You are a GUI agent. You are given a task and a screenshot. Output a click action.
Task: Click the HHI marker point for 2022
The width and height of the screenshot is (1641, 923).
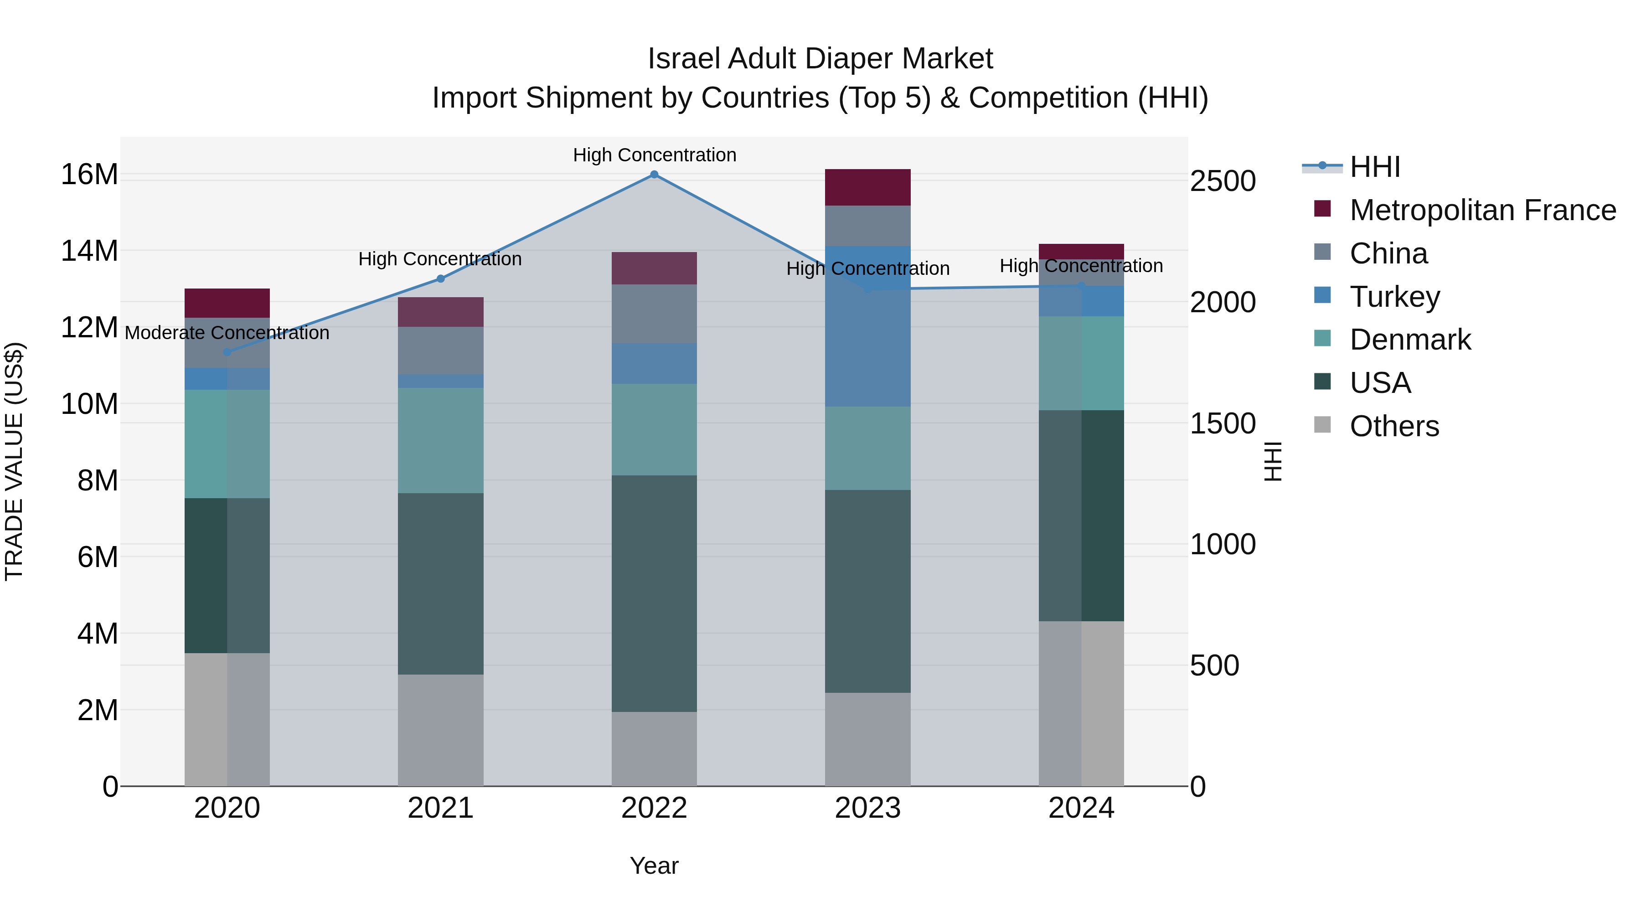click(x=654, y=175)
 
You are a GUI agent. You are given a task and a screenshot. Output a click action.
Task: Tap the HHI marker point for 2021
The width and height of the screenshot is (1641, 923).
click(x=440, y=278)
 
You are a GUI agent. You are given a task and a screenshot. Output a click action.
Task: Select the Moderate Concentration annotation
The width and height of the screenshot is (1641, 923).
click(x=227, y=333)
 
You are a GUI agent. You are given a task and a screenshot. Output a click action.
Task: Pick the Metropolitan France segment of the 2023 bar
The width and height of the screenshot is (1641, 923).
click(x=867, y=187)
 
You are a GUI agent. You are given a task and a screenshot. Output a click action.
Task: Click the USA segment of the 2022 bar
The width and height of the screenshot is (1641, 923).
click(x=654, y=593)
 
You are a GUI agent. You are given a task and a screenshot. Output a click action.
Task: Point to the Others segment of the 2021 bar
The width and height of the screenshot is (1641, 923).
click(x=440, y=730)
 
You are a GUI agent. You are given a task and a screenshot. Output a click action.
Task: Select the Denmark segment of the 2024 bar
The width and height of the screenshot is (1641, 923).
click(x=1081, y=363)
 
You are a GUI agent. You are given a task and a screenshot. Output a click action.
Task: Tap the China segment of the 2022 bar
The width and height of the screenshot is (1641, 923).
click(x=654, y=314)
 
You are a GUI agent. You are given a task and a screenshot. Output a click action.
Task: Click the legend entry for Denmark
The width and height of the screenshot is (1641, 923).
click(x=1410, y=340)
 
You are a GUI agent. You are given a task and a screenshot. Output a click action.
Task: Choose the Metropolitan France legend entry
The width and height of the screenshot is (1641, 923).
click(x=1482, y=210)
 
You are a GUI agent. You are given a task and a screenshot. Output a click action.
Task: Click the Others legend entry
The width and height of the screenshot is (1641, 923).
click(x=1394, y=426)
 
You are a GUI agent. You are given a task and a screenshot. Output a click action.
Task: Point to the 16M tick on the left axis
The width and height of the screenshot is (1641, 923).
click(x=89, y=175)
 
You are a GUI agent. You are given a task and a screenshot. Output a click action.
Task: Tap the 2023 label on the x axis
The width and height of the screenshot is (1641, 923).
click(x=867, y=808)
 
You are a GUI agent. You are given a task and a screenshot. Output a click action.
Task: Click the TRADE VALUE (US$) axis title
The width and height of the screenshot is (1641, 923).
click(x=14, y=461)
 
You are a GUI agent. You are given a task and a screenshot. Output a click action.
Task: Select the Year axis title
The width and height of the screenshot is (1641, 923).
click(x=654, y=866)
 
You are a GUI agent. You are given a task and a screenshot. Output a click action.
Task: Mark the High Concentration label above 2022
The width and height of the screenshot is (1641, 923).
click(x=654, y=155)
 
